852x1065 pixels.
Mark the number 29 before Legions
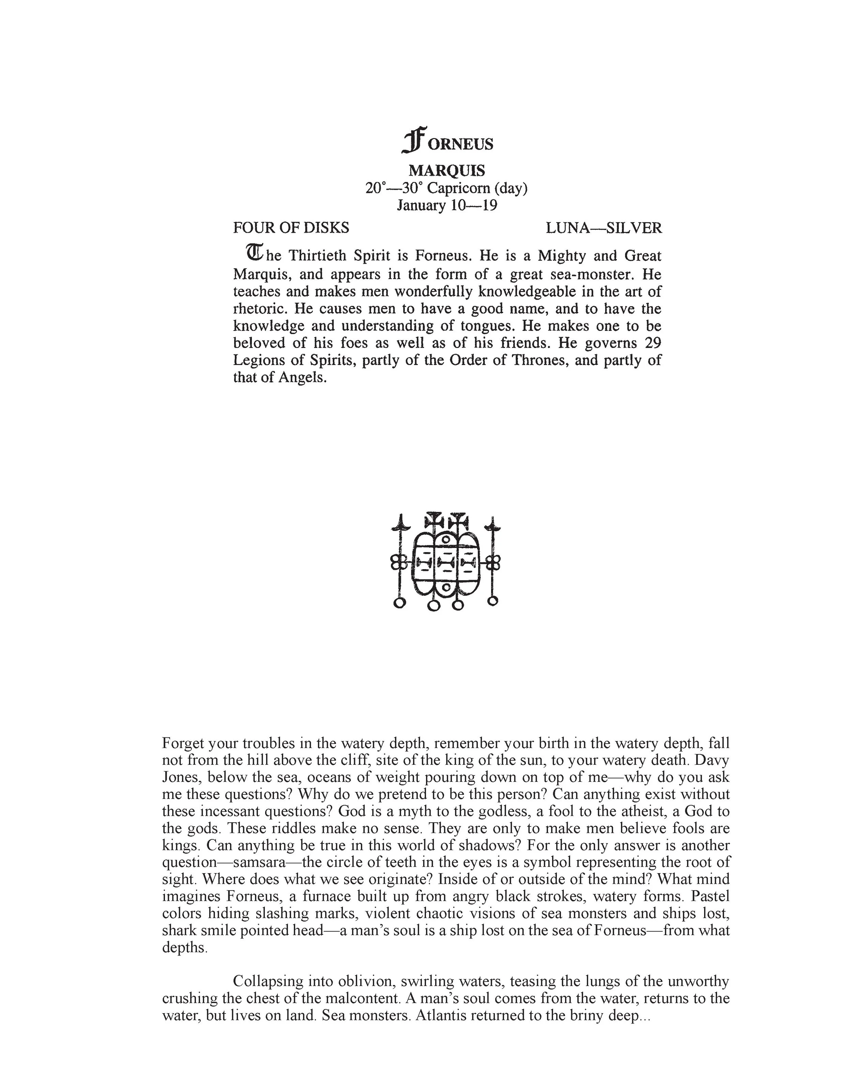pos(653,343)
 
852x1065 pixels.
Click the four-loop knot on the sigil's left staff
pos(399,562)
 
